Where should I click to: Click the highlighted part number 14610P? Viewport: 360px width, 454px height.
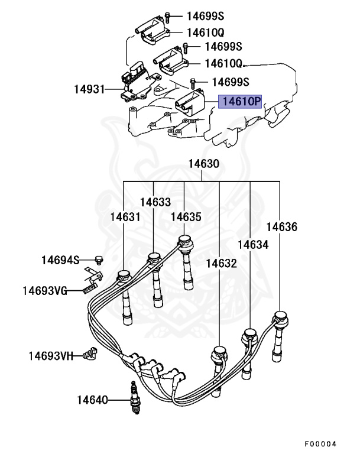[x=241, y=102]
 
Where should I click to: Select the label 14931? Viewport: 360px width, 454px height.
[x=89, y=90]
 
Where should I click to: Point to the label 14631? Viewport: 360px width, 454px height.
[x=125, y=217]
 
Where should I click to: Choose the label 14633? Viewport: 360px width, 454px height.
[x=155, y=202]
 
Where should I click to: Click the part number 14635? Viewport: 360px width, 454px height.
[x=186, y=217]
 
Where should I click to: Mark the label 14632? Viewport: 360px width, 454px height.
[x=222, y=263]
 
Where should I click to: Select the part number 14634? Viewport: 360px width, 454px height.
[x=253, y=244]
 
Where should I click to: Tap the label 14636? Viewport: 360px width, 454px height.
[x=281, y=227]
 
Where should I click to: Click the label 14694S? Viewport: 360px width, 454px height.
[x=60, y=260]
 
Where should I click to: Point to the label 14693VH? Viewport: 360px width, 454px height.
[x=51, y=356]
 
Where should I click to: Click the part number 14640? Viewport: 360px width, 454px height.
[x=92, y=400]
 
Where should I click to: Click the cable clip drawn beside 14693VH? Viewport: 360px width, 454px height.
[x=90, y=353]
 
